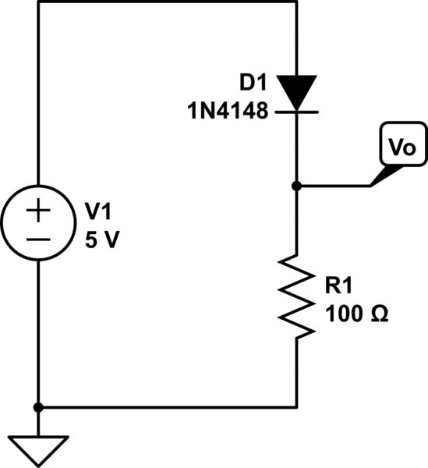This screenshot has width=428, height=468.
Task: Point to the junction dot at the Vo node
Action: [296, 186]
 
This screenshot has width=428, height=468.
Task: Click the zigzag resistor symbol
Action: [296, 294]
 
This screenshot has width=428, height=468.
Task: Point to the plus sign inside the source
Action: [38, 210]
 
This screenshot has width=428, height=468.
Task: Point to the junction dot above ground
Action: [38, 407]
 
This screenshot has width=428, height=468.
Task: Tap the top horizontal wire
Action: [168, 2]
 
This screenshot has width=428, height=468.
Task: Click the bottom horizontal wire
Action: [168, 407]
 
